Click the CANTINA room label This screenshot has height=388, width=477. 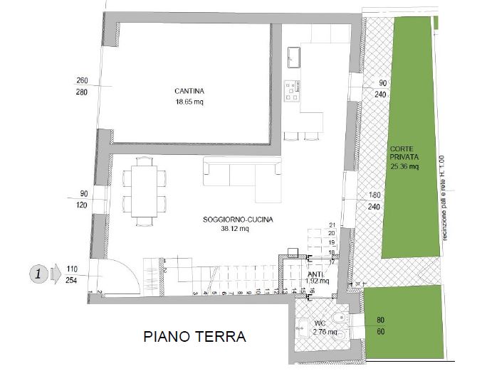coord(189,91)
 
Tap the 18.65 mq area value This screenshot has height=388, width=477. coord(189,102)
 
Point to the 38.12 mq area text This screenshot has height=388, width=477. coord(234,229)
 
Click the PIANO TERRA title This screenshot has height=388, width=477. coord(194,336)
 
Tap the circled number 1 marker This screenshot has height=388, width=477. coord(40,271)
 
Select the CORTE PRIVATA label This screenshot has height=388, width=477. coord(404,153)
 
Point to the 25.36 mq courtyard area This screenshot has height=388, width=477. coord(404,168)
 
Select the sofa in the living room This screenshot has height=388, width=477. coord(241,173)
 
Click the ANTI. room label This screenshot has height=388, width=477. coord(316,274)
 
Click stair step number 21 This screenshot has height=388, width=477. coord(331,225)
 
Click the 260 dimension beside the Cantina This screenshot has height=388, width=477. coord(82,80)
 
